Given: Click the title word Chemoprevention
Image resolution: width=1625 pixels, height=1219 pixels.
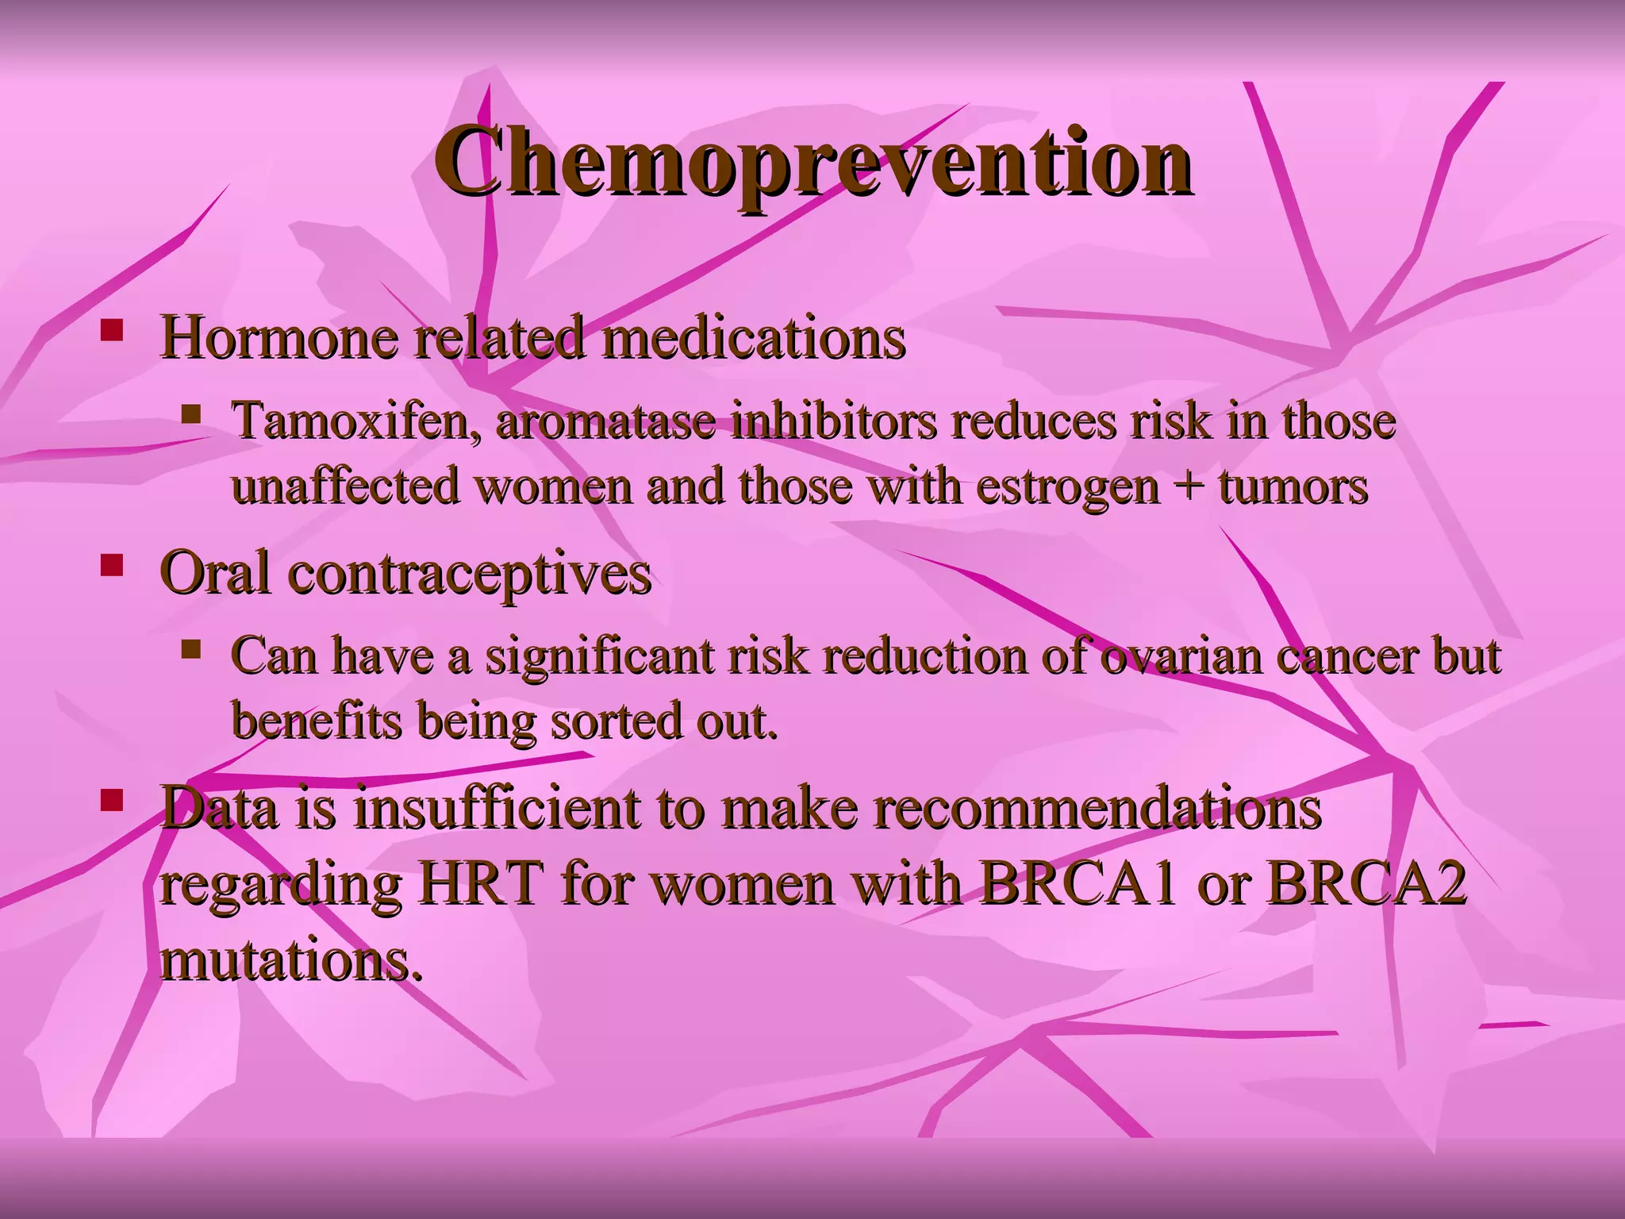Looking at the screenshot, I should point(812,163).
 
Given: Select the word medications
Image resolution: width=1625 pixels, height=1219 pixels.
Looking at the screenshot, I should point(753,337).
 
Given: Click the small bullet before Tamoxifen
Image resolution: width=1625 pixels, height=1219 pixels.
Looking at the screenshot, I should point(190,413).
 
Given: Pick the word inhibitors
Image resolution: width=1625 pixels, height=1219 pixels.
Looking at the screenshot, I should point(834,421).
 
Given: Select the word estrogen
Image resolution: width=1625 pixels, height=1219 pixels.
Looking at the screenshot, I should point(1068,486).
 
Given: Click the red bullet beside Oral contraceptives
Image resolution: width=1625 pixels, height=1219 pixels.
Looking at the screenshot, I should point(112,565).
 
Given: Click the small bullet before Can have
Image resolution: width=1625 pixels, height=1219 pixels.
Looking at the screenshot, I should point(190,650).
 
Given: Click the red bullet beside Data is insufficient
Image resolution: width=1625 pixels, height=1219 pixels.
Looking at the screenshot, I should point(112,799).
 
